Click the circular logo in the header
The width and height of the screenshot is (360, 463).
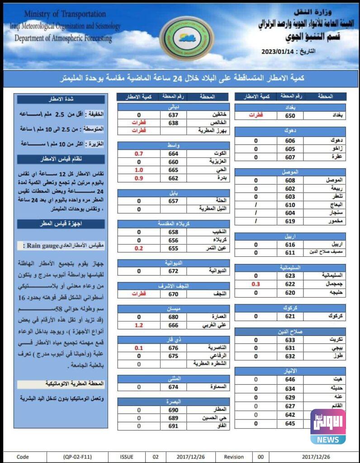coord(187,39)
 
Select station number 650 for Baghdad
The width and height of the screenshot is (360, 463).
coord(289,115)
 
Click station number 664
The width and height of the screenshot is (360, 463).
coord(174,154)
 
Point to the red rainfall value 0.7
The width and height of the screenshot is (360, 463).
coord(139,154)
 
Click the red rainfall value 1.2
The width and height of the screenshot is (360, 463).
coord(139,325)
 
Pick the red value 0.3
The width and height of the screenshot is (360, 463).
coord(256,284)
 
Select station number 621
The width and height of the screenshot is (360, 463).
coord(289,316)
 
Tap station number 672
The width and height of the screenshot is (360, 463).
coord(174,271)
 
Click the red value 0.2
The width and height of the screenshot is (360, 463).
coord(139,248)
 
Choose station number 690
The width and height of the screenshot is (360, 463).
coord(174,410)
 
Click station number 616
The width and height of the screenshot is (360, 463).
coord(289,245)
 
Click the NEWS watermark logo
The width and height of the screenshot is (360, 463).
coord(328,426)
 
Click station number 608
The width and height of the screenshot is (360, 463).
coord(289,180)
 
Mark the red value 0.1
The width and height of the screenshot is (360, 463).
coord(139,348)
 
